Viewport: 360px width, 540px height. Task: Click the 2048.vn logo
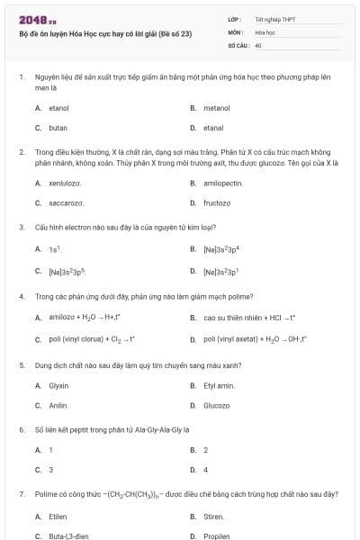(x=31, y=19)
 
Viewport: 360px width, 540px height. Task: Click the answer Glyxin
(x=58, y=385)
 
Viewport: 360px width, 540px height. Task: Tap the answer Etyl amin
(x=219, y=385)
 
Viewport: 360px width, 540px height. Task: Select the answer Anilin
(x=58, y=405)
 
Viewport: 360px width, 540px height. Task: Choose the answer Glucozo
(x=217, y=405)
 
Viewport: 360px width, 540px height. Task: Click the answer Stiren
(x=214, y=517)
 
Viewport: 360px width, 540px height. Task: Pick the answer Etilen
(x=58, y=517)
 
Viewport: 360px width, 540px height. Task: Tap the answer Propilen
(x=217, y=536)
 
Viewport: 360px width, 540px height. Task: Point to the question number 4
(x=21, y=295)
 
